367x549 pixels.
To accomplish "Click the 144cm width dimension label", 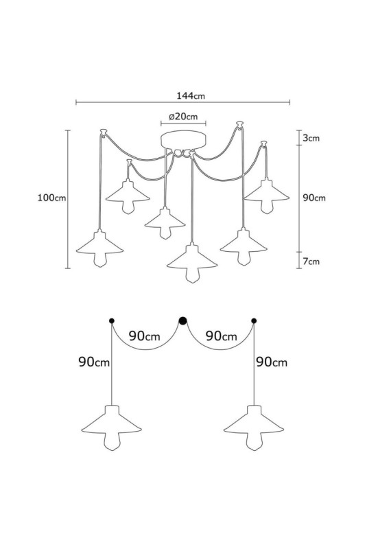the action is click(190, 95).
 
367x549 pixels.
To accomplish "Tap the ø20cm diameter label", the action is click(183, 116).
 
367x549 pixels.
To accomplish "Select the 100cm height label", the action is click(51, 198).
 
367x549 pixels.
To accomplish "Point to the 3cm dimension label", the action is click(311, 138).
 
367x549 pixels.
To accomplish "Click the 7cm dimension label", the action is click(311, 261).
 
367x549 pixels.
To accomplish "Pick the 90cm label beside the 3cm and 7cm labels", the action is click(313, 198).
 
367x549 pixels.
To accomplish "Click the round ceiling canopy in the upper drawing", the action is click(183, 140).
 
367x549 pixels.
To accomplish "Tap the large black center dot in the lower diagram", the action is click(182, 320).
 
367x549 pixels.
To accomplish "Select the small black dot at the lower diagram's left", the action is click(112, 320).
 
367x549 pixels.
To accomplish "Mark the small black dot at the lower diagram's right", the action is click(254, 320).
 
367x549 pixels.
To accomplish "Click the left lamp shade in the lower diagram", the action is click(112, 420).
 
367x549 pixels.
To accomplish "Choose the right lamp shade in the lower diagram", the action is click(254, 420).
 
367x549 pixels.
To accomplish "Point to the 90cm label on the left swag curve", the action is click(144, 336).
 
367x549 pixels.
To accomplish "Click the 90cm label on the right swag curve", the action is click(221, 336).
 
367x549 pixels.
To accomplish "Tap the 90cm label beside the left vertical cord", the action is click(94, 362).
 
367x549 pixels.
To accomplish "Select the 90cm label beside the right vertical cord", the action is click(272, 362).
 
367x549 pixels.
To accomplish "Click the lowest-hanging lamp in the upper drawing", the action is click(192, 263).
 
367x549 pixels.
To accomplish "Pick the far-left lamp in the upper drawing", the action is click(99, 248).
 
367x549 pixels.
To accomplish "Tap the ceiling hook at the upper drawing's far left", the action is click(103, 132).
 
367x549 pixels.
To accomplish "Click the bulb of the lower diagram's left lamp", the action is click(112, 442).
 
